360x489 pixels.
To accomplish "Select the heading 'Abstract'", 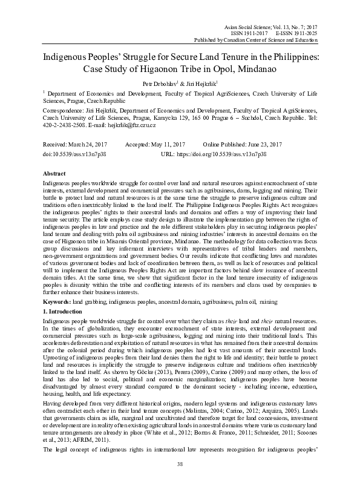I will (x=55, y=172).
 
